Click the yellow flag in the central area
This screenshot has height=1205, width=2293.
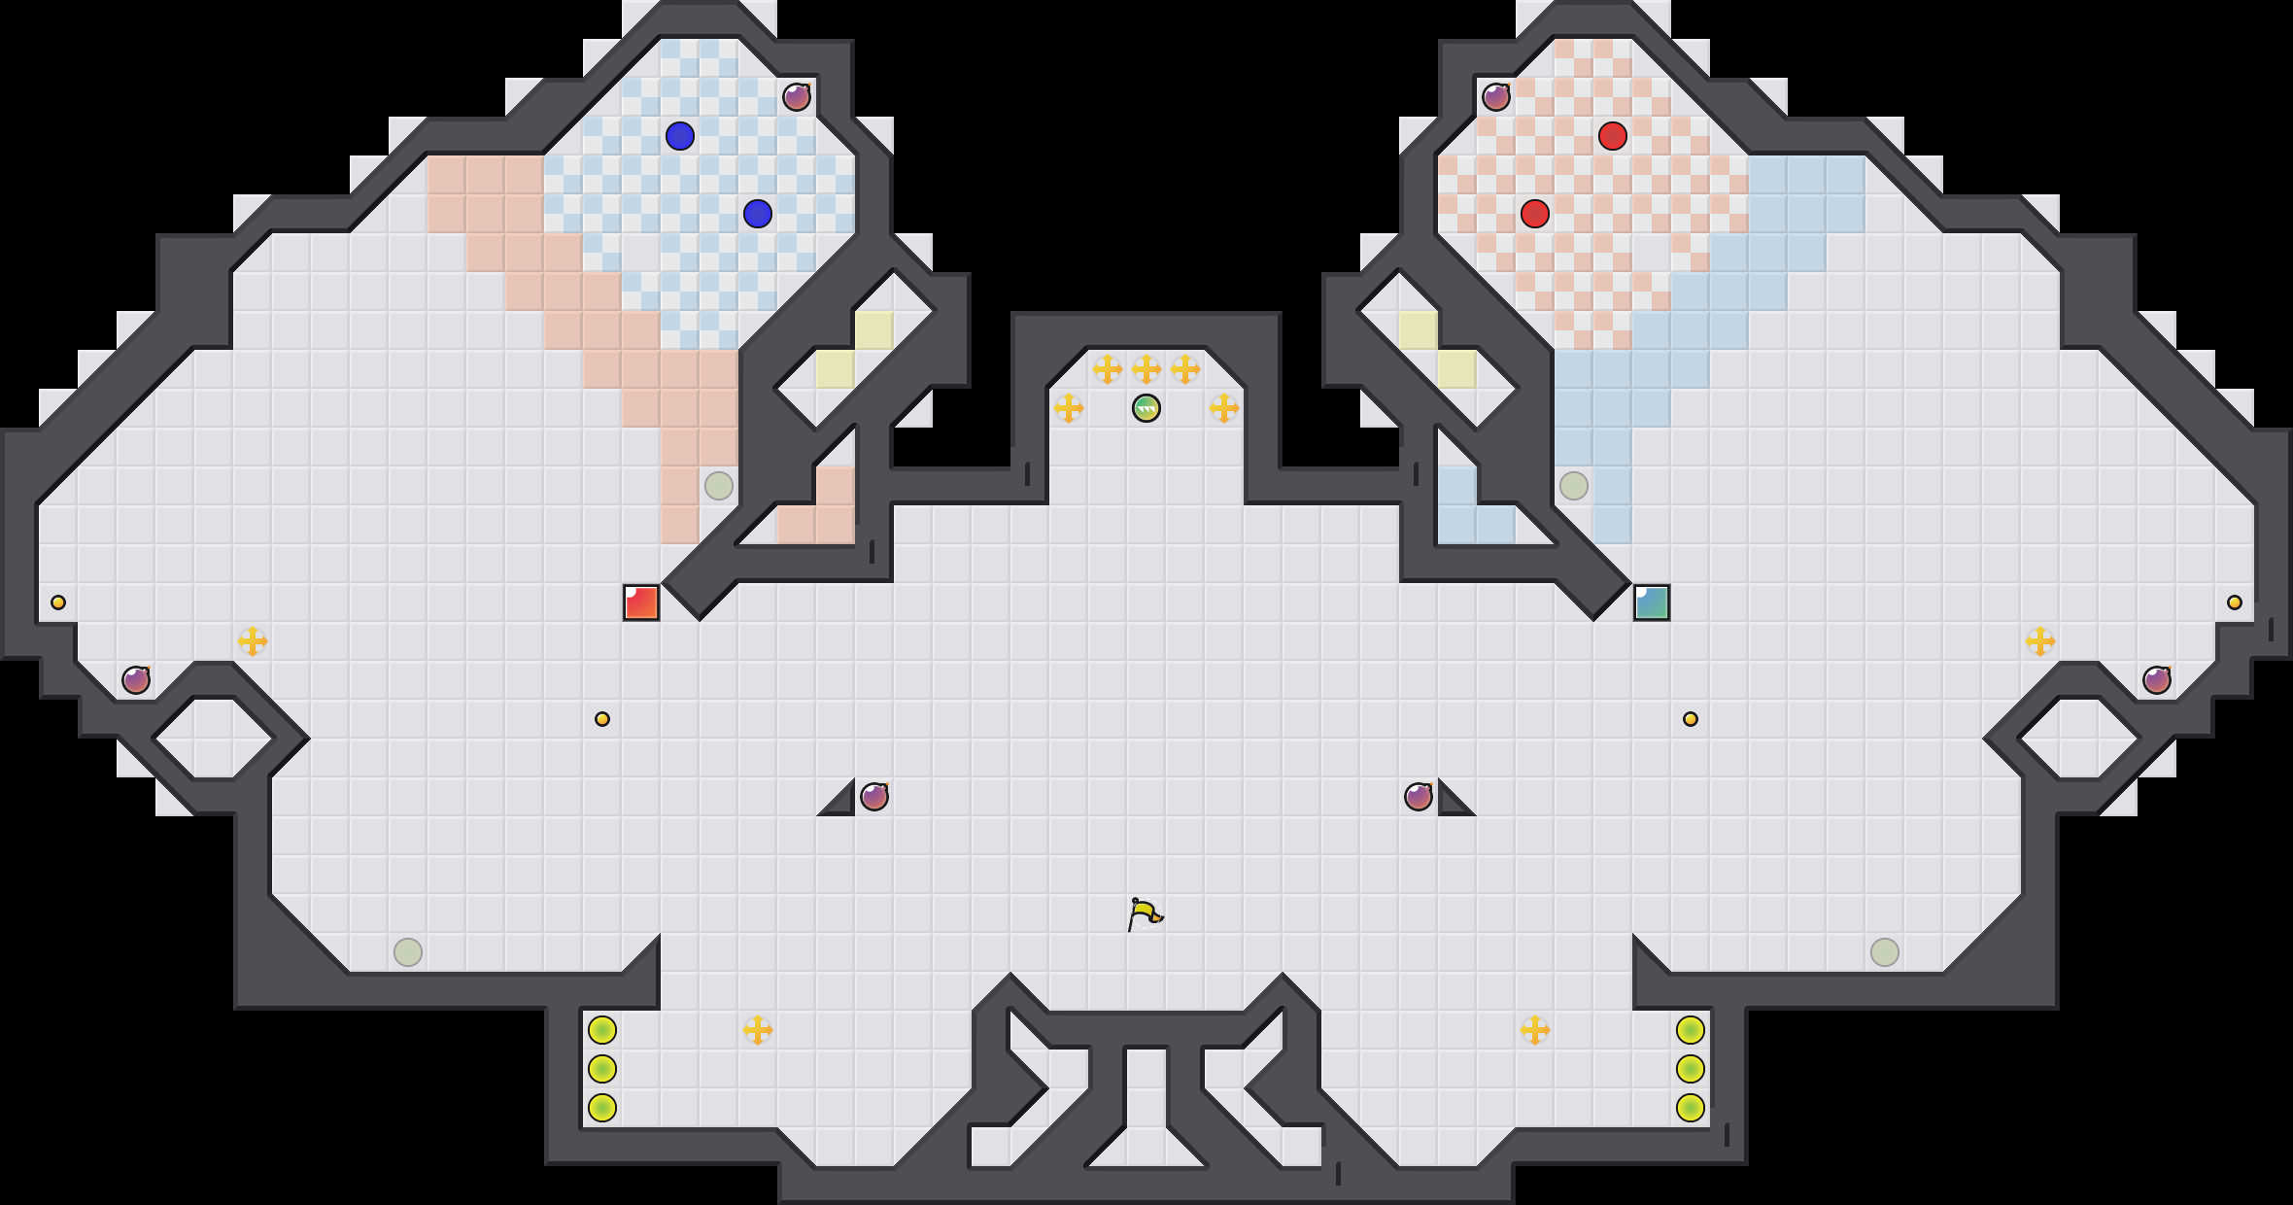point(1145,913)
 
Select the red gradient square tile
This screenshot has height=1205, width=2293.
point(641,602)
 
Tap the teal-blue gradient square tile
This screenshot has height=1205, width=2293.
point(1652,602)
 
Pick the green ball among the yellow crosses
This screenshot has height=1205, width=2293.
point(1146,408)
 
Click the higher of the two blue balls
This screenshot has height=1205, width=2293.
point(680,136)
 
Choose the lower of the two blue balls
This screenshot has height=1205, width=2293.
point(758,214)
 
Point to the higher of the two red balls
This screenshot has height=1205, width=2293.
point(1613,136)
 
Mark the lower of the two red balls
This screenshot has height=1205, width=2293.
point(1535,214)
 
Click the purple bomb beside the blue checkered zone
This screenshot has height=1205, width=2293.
point(797,97)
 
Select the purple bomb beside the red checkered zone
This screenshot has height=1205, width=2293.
point(1496,97)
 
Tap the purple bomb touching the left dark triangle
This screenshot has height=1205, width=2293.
point(874,797)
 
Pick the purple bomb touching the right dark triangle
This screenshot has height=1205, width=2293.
point(1419,797)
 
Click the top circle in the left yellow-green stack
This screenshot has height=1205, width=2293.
point(602,1030)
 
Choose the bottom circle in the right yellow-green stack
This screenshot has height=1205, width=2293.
point(1691,1108)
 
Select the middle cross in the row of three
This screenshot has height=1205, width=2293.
point(1146,369)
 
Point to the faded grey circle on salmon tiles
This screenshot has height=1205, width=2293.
point(719,486)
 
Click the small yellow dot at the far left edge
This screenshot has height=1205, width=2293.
point(58,602)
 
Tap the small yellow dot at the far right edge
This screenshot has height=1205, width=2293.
point(2235,602)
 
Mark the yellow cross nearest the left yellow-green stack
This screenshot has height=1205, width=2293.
point(758,1030)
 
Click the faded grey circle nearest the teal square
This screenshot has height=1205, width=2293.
point(1574,486)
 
